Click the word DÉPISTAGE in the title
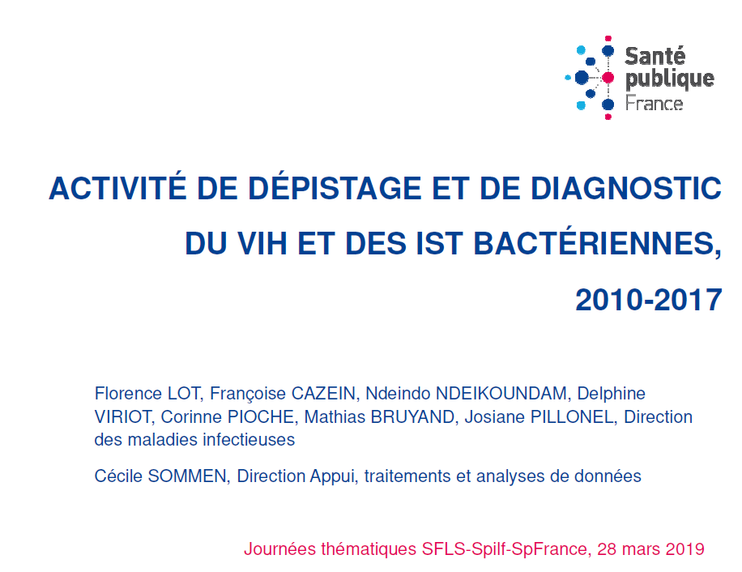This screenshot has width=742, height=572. tap(335, 188)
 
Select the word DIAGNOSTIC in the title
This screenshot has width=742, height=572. tap(625, 188)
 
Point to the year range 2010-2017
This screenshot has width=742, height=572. tap(648, 300)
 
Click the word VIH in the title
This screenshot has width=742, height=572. tap(262, 244)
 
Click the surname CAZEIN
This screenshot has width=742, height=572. tap(324, 393)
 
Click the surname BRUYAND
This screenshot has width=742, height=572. tap(414, 416)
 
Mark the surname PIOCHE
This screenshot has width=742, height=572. tap(262, 416)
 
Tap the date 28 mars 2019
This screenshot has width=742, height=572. tap(650, 549)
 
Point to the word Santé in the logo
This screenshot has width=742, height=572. tap(655, 56)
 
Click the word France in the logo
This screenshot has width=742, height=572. tap(654, 103)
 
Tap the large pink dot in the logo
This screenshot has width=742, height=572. tap(608, 78)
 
